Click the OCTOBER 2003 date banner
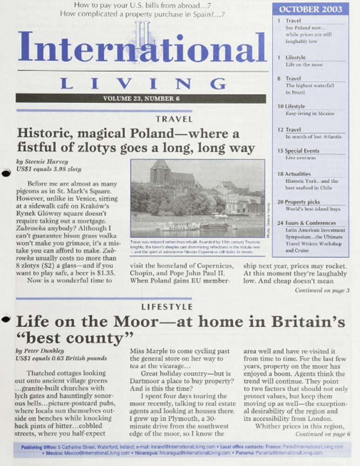(x=310, y=9)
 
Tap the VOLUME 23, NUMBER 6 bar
(x=141, y=98)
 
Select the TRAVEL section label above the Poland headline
(x=174, y=119)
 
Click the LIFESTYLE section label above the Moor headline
(x=167, y=307)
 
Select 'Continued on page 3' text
(x=322, y=290)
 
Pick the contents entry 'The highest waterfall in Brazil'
(x=309, y=89)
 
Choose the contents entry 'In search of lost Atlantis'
(x=313, y=137)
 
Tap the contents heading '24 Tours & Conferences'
(x=310, y=223)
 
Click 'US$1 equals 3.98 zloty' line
(x=48, y=169)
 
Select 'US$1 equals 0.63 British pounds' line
(x=61, y=358)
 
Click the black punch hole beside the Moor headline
(x=6, y=319)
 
